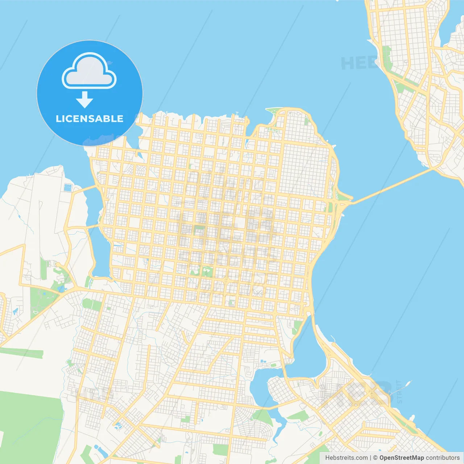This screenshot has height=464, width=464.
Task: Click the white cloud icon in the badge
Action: (x=89, y=71)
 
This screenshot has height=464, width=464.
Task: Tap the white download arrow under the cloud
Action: (x=84, y=100)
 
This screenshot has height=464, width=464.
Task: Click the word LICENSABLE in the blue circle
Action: (x=90, y=119)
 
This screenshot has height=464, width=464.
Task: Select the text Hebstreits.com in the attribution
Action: (x=346, y=458)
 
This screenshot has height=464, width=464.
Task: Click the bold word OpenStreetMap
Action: (x=401, y=458)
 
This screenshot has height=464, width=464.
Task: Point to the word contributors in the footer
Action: (x=443, y=458)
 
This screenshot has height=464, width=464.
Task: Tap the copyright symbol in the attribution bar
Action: (x=375, y=458)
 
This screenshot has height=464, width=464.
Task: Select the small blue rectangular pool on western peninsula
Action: (x=67, y=187)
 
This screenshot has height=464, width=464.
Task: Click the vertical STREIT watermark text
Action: (x=399, y=392)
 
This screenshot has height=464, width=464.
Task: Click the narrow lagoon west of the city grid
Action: (x=101, y=250)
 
